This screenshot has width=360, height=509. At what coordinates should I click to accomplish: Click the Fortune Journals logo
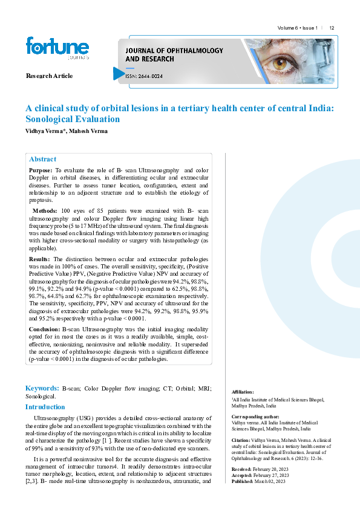click(57, 48)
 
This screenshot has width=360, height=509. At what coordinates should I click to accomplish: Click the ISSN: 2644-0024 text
click(144, 76)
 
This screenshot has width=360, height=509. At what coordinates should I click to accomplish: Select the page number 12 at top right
click(332, 28)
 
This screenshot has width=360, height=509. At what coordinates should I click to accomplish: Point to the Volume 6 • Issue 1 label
click(297, 28)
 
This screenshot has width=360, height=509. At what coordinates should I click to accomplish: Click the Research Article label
click(49, 76)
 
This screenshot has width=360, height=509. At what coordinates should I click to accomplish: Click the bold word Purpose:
click(41, 171)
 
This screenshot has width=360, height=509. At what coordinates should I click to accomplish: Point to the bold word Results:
click(40, 259)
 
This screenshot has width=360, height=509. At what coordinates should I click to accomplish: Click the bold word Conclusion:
click(45, 329)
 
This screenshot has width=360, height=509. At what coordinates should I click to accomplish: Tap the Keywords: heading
click(42, 388)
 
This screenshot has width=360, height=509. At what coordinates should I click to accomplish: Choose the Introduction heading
click(45, 407)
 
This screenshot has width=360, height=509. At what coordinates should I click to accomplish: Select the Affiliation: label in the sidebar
click(243, 392)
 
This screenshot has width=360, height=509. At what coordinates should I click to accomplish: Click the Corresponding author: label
click(255, 417)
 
